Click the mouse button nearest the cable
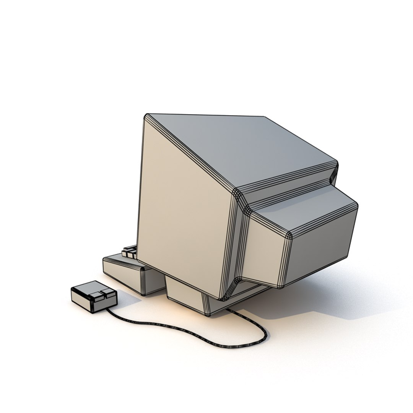[108, 293]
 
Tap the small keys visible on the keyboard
[130, 252]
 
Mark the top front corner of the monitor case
[146, 116]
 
